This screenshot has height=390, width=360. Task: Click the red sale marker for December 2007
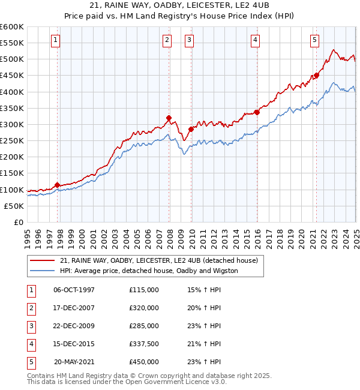(169, 118)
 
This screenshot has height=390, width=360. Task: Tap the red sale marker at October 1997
(58, 185)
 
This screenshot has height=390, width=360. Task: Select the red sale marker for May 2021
(316, 76)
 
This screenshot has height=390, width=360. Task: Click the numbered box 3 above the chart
(189, 40)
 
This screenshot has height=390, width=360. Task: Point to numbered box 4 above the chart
(255, 40)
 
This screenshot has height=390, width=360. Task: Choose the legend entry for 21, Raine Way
(158, 261)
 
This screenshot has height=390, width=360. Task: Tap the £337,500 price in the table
(144, 344)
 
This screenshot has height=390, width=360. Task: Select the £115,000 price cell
(144, 290)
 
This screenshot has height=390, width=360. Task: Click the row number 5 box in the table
(31, 362)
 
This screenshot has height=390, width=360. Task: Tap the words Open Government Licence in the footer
(175, 382)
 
